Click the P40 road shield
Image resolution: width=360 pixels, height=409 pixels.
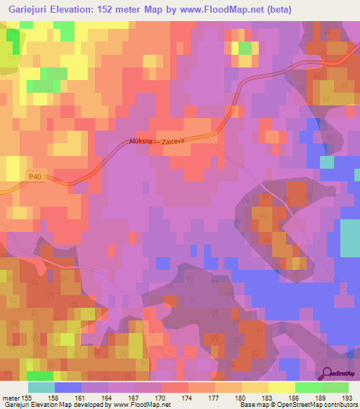37,177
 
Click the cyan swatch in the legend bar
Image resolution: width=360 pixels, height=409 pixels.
41,387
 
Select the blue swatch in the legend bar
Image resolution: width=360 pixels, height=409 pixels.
68,387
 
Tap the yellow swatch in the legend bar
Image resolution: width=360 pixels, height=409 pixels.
282,387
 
